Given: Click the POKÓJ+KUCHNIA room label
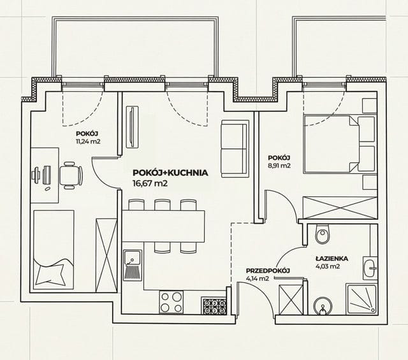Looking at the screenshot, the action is [x=170, y=173].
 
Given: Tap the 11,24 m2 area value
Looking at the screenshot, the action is [x=88, y=141].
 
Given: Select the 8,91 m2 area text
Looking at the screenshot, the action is [x=279, y=166].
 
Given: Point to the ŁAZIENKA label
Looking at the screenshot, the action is [x=331, y=259].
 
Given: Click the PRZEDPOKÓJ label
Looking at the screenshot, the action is [x=268, y=271].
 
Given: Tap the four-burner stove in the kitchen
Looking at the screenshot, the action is [x=171, y=302].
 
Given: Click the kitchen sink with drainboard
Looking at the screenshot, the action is [x=133, y=265].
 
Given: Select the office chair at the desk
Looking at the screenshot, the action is [x=71, y=175].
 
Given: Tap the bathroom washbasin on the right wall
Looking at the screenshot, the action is [x=370, y=268].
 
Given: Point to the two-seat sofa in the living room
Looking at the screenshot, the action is [x=234, y=148].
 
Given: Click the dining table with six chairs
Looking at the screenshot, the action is [x=164, y=226].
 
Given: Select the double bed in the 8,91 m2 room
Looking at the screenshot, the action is [x=340, y=145].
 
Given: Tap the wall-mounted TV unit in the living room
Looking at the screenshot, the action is [x=132, y=127].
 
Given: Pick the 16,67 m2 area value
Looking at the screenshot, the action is [x=150, y=184].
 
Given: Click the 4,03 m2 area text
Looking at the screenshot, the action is [x=328, y=266].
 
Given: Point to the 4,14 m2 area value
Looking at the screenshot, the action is [x=258, y=278].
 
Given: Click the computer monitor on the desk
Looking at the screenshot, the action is [x=47, y=175].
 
